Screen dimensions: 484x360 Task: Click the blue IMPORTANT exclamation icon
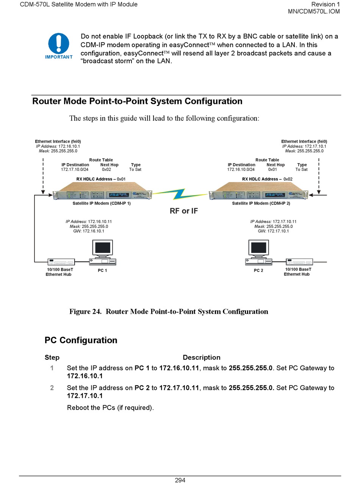[59, 43]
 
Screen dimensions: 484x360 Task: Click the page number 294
[180, 480]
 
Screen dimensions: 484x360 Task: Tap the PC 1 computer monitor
[103, 248]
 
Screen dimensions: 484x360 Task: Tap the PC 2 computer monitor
[259, 248]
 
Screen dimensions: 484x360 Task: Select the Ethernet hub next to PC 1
[61, 262]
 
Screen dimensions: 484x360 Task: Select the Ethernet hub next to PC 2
[299, 262]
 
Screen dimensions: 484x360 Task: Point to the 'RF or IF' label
[184, 211]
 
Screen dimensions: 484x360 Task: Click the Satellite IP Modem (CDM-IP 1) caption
[102, 204]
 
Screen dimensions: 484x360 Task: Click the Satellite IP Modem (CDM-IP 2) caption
[261, 204]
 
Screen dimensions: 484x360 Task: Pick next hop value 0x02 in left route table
[106, 170]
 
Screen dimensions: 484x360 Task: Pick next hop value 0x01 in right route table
[272, 170]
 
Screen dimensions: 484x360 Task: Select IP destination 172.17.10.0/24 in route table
[75, 170]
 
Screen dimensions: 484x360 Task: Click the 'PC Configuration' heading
[81, 340]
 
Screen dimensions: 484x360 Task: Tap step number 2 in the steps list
[52, 388]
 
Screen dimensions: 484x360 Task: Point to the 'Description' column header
[201, 357]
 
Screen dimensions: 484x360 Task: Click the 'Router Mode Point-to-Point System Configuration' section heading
[137, 101]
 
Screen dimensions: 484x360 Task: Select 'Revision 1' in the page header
[325, 5]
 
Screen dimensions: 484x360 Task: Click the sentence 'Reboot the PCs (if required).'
[110, 408]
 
